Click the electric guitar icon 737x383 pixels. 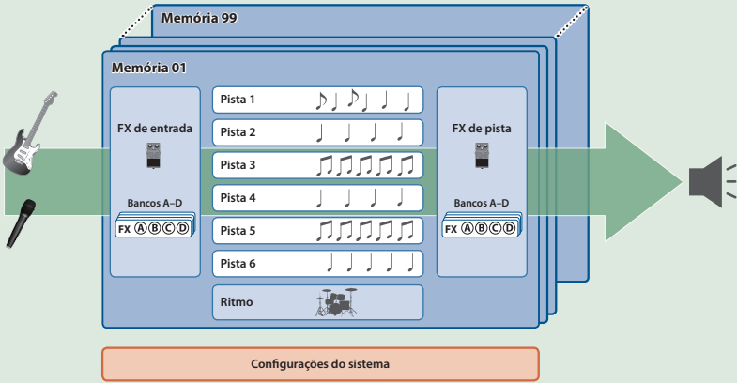[x=29, y=136]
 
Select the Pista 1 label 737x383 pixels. [x=238, y=99]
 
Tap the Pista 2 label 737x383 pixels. [x=238, y=131]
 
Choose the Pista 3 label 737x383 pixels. [x=238, y=164]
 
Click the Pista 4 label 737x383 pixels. [x=238, y=197]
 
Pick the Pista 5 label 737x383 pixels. [x=238, y=230]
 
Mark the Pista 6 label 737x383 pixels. [x=238, y=263]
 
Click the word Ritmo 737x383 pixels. [x=237, y=302]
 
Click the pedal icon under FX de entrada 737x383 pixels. [x=154, y=156]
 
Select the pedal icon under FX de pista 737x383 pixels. [x=481, y=156]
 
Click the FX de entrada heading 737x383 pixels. [x=155, y=129]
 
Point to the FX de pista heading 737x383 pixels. [x=482, y=129]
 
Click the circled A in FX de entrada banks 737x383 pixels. [x=141, y=229]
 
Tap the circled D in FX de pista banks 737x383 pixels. [x=509, y=229]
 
